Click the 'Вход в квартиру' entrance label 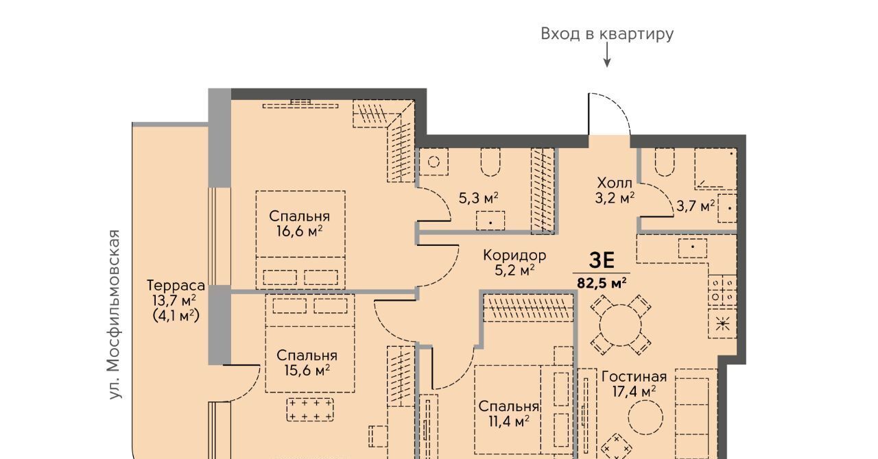coord(607,34)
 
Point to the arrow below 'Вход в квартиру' coord(607,55)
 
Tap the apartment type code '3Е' coord(602,260)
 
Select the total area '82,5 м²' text coord(602,282)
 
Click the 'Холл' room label coord(615,183)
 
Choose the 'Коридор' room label coord(514,256)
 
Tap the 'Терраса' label coord(176,286)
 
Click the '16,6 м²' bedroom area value coord(300,231)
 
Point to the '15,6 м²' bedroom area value coord(307,370)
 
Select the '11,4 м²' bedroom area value coord(509,421)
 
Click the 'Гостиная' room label coord(634,377)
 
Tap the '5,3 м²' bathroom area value coord(479,198)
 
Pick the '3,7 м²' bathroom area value coord(696,206)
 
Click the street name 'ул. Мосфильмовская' coord(114,314)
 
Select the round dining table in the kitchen coord(621,325)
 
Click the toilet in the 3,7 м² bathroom coord(665,162)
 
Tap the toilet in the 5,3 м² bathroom coord(490,162)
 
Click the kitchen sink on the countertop coord(693,248)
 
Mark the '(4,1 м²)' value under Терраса coord(176,315)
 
